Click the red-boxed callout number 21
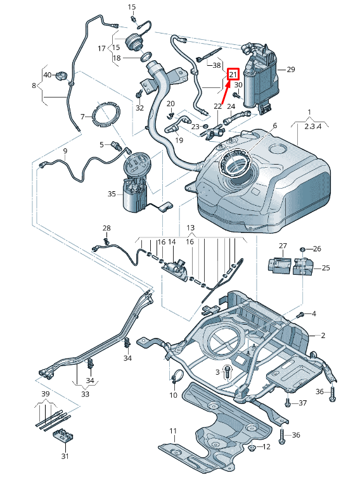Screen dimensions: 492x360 (233, 74)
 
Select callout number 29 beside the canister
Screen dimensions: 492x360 (291, 69)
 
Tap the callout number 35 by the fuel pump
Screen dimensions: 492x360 (112, 194)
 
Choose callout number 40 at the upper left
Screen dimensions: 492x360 (47, 75)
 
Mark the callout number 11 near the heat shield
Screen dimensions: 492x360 (172, 431)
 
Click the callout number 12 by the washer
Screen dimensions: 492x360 (266, 446)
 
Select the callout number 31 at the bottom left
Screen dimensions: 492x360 (65, 455)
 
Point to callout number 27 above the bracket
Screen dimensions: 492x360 (283, 246)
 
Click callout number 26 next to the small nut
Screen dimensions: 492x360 (318, 248)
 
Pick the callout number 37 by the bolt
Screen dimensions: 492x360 (302, 403)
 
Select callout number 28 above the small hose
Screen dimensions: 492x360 (106, 228)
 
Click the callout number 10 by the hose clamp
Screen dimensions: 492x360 (173, 395)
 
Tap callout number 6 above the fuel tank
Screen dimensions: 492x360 (275, 126)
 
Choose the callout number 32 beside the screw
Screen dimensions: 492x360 (139, 108)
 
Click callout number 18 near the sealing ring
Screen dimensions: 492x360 (117, 58)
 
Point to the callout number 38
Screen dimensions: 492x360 (217, 65)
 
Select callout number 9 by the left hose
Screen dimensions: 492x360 (65, 151)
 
